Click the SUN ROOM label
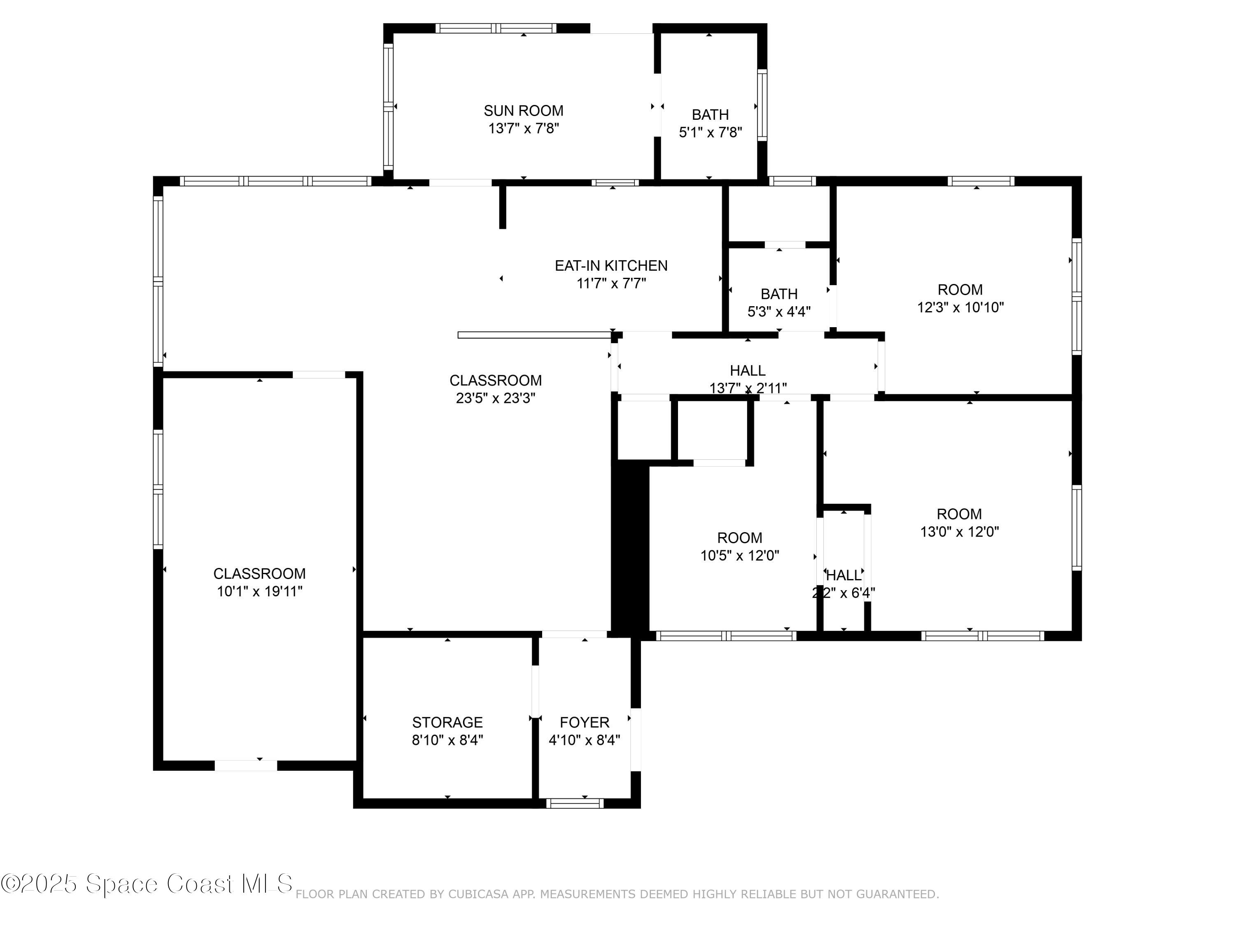click(x=523, y=111)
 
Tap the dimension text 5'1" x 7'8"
click(x=710, y=132)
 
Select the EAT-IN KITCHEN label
click(x=611, y=266)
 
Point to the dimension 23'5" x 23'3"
click(x=495, y=398)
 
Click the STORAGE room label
click(x=447, y=722)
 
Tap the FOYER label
click(x=585, y=722)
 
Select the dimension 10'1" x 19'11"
click(x=260, y=591)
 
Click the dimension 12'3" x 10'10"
click(x=960, y=307)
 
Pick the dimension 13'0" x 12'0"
click(x=959, y=531)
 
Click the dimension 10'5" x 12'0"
click(x=740, y=555)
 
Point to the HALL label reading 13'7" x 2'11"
click(x=748, y=371)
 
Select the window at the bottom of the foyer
click(x=575, y=803)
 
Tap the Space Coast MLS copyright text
click(x=146, y=884)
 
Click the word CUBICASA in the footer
click(x=478, y=894)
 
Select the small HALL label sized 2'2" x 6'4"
click(x=844, y=575)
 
